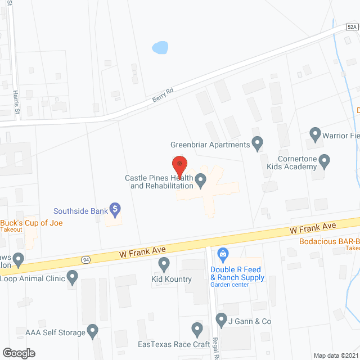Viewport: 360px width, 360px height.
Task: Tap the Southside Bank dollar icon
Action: pyautogui.click(x=115, y=210)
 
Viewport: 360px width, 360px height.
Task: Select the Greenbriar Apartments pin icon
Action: pyautogui.click(x=258, y=144)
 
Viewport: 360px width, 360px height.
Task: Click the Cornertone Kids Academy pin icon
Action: pyautogui.click(x=324, y=163)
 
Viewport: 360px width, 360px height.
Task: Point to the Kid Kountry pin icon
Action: pyautogui.click(x=164, y=263)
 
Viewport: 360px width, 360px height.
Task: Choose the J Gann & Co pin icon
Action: pyautogui.click(x=222, y=321)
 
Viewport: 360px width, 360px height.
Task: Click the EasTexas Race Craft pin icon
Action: pyautogui.click(x=197, y=328)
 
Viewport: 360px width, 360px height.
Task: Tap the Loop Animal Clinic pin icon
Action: pyautogui.click(x=72, y=277)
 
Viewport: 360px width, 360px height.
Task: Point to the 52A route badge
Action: pyautogui.click(x=352, y=26)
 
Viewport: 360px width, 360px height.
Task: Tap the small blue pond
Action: pyautogui.click(x=160, y=47)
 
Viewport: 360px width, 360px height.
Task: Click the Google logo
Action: pyautogui.click(x=18, y=353)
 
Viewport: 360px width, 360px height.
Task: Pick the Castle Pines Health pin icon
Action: pyautogui.click(x=200, y=181)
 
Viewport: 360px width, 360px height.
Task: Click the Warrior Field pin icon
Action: pyautogui.click(x=315, y=135)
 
